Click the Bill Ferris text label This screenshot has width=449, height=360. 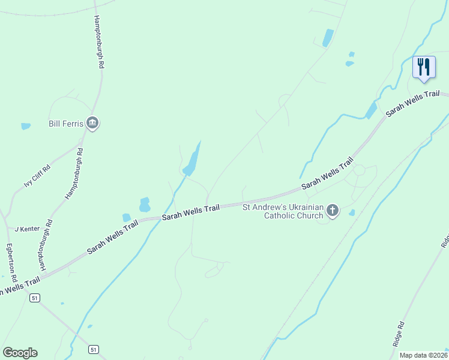pos(65,124)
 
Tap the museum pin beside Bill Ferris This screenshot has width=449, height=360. pos(92,124)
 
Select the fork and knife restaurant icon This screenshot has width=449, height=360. pos(424,67)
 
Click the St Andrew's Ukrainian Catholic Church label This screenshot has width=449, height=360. pos(283,211)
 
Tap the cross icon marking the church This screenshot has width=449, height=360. pos(333,211)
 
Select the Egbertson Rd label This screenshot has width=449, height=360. pos(10,263)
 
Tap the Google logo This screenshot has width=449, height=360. pos(20,353)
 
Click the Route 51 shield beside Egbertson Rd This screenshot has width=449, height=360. pos(36,298)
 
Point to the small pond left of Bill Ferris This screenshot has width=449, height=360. pos(25,127)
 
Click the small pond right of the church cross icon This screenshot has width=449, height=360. pos(352,212)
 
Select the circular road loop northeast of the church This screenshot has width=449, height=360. pos(359,170)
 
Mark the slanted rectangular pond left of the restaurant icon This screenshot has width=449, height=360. pos(328,38)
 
